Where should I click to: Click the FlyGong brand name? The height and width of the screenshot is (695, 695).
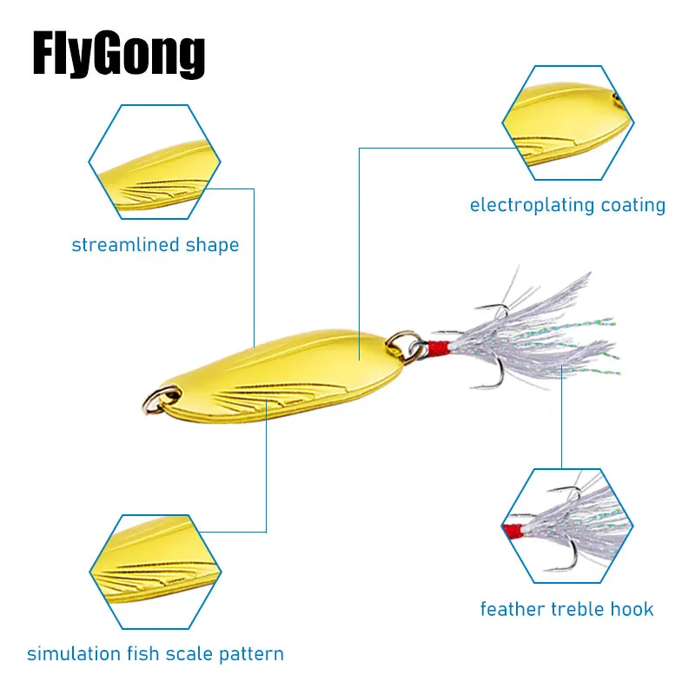119,56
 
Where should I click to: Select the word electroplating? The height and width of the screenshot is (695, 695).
532,206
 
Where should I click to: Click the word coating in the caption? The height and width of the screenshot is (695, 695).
633,206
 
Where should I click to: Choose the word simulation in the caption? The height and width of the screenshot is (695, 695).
70,654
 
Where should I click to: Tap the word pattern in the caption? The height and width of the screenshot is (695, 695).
252,654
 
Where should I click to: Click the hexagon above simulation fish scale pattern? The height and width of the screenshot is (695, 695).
155,572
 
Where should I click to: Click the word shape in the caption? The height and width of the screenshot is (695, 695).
212,245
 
